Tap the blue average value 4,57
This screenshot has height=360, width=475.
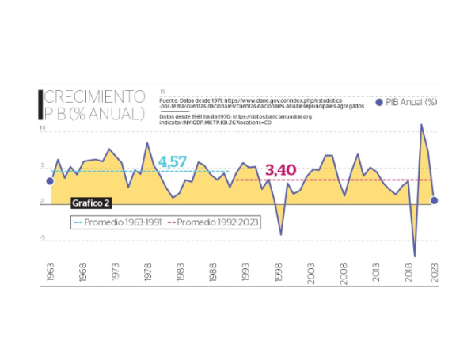tap(173, 161)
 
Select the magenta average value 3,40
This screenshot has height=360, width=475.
tap(280, 170)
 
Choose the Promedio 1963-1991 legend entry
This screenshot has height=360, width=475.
tap(117, 222)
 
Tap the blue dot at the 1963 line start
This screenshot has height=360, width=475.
tap(50, 181)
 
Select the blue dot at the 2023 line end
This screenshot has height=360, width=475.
tap(434, 200)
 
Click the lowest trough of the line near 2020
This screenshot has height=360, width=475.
tap(415, 256)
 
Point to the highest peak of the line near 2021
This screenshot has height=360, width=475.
tap(421, 124)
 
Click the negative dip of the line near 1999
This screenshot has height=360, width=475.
tap(281, 234)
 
